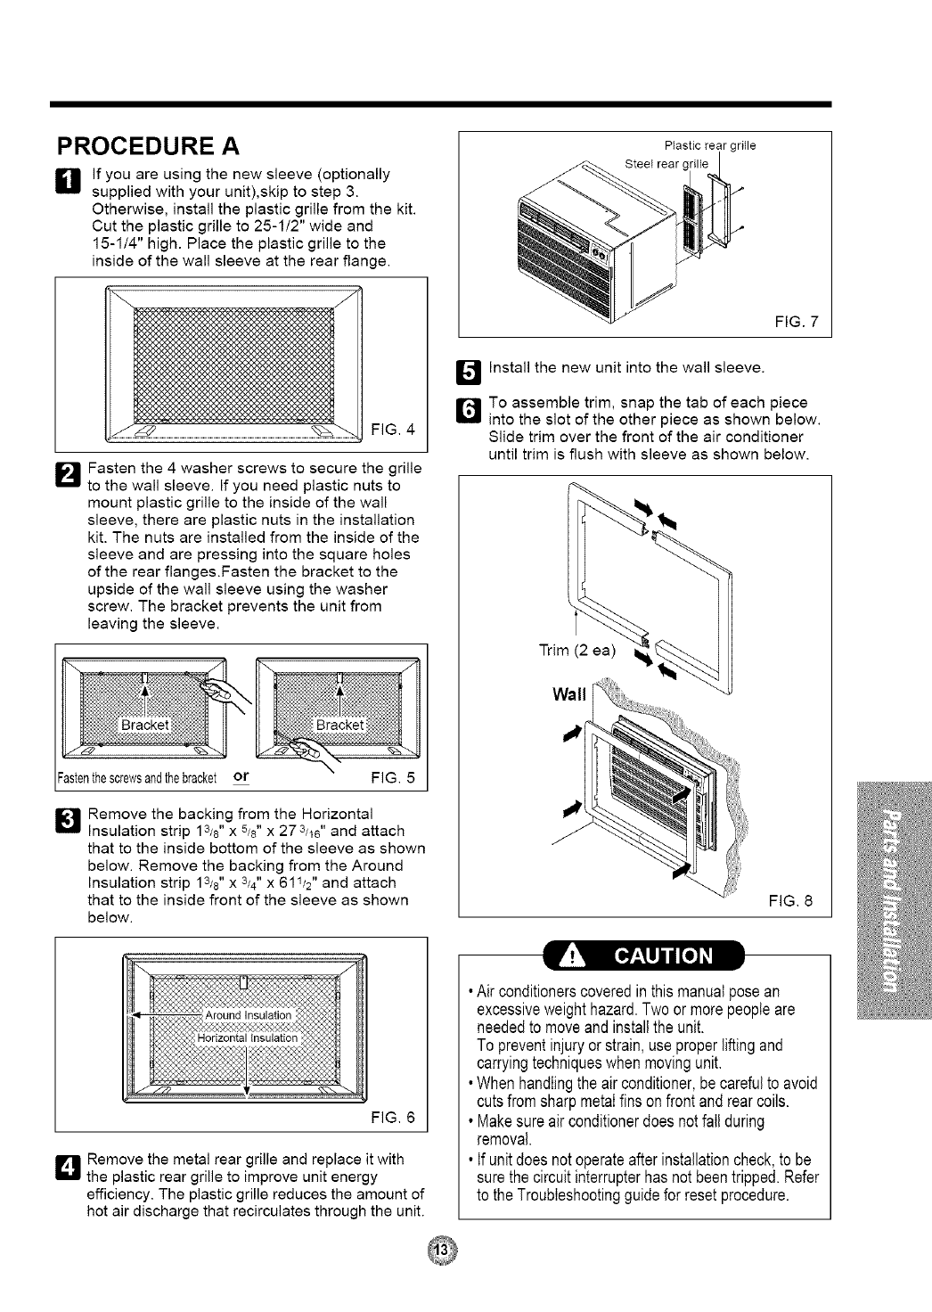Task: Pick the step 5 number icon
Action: tap(469, 367)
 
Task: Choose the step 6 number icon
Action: tap(469, 409)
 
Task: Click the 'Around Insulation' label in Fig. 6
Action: tap(249, 1015)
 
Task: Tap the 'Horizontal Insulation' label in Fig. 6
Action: tap(247, 1037)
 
